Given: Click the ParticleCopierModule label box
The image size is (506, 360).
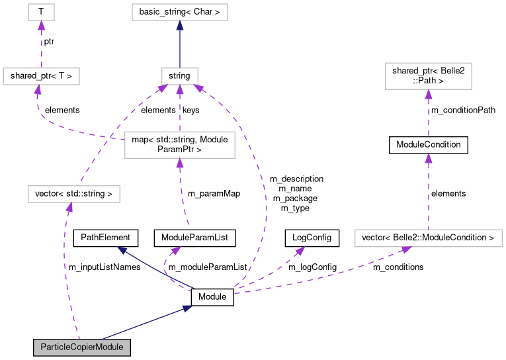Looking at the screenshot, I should pyautogui.click(x=82, y=347).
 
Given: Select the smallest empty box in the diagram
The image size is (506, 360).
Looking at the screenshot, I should pyautogui.click(x=41, y=12).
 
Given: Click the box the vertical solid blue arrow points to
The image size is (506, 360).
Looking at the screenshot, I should pyautogui.click(x=179, y=12).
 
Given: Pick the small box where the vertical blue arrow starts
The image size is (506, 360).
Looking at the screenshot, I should pyautogui.click(x=179, y=76).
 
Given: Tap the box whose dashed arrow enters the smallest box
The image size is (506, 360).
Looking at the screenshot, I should pyautogui.click(x=41, y=76).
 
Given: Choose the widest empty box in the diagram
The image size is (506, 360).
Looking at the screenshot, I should pyautogui.click(x=428, y=238).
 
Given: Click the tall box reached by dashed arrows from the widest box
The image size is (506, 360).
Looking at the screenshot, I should pyautogui.click(x=428, y=76).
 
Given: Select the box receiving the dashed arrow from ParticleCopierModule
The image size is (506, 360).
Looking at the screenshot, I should pyautogui.click(x=73, y=194).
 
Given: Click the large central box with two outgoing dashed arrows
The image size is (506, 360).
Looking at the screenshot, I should pyautogui.click(x=179, y=145).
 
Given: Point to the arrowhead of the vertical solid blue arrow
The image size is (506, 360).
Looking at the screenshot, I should pyautogui.click(x=179, y=25).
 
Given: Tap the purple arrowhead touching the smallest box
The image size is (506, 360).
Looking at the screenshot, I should pyautogui.click(x=41, y=25).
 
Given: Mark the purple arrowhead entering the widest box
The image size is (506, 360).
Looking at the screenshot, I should pyautogui.click(x=405, y=249).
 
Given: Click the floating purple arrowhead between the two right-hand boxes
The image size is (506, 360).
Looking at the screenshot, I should pyautogui.click(x=429, y=158).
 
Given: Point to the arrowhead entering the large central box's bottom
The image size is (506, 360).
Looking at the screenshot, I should pyautogui.click(x=179, y=163).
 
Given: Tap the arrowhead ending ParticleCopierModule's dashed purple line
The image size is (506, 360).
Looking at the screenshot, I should pyautogui.click(x=69, y=208).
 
